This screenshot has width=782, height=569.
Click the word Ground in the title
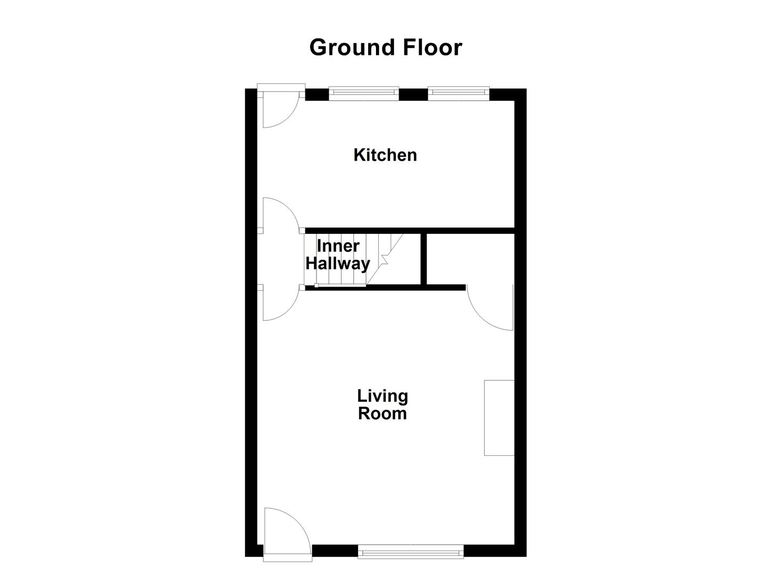point(353,48)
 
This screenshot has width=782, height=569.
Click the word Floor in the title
point(432,47)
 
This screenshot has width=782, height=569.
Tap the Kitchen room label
point(385,155)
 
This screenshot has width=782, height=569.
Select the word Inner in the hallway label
point(338,246)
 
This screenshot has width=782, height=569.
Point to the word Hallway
point(338,263)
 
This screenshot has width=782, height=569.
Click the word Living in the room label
point(382,396)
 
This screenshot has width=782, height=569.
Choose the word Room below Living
point(382,414)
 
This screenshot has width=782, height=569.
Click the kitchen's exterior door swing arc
point(287,117)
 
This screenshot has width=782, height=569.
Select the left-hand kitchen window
point(364,94)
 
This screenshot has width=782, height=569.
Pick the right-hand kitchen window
point(458,94)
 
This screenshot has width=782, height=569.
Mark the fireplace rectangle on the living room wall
point(499,417)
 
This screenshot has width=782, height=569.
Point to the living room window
point(410,552)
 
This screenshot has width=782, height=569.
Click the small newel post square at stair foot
point(316,286)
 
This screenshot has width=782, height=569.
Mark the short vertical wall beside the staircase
point(423,258)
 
